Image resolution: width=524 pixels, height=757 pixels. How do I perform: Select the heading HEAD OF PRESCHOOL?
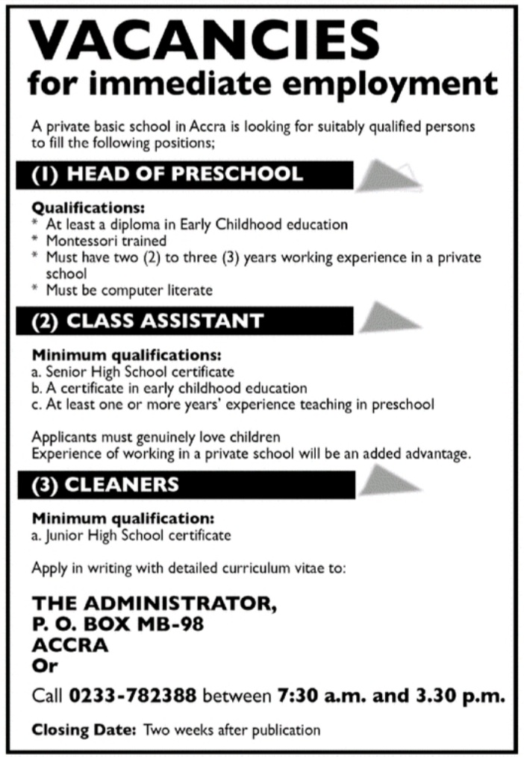185,175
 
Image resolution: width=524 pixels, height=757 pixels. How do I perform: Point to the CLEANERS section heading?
122,485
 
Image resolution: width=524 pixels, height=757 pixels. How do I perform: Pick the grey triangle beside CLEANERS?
390,481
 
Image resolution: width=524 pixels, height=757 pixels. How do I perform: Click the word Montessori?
79,241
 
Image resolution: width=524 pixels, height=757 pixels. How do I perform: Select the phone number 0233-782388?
134,697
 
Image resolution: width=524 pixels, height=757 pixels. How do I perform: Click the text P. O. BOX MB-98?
118,623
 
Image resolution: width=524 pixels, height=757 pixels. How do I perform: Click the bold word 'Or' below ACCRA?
44,665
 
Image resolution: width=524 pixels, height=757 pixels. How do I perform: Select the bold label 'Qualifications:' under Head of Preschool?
88,208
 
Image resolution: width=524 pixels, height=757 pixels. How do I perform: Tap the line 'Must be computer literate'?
129,289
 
